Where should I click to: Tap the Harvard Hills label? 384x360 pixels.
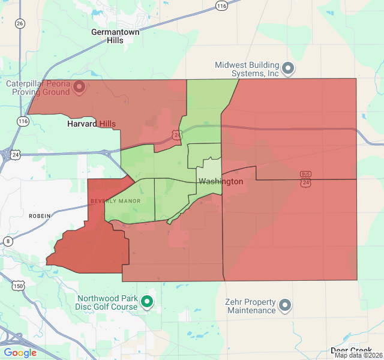click(91, 124)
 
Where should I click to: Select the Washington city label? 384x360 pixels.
click(221, 181)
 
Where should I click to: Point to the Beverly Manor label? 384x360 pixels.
click(115, 201)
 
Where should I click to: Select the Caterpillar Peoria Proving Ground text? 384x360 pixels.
click(39, 88)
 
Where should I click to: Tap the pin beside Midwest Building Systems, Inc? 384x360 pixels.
click(288, 68)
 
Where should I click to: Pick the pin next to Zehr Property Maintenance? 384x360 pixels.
click(285, 306)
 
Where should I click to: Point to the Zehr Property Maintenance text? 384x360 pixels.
click(250, 306)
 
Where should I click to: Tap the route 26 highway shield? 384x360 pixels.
click(20, 23)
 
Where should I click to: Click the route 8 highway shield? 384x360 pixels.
click(8, 241)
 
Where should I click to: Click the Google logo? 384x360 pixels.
click(20, 352)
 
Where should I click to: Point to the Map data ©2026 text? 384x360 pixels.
click(358, 355)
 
